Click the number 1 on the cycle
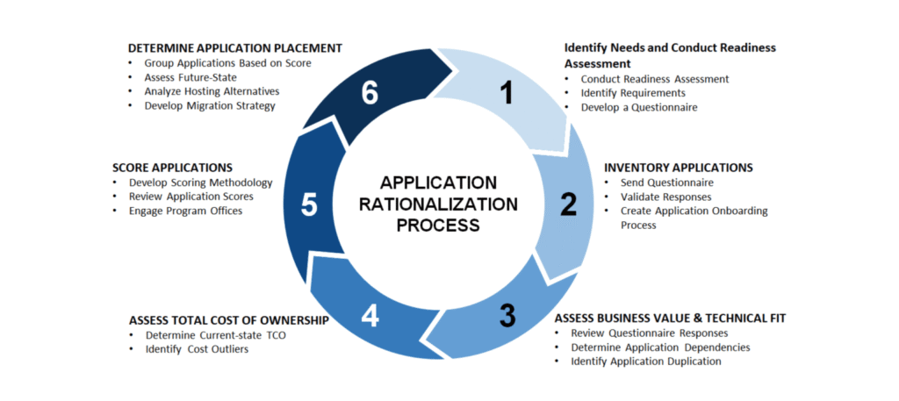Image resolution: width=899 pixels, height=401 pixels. pyautogui.click(x=505, y=92)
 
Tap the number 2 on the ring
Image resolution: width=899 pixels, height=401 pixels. pyautogui.click(x=569, y=204)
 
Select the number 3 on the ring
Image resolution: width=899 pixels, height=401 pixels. pyautogui.click(x=507, y=315)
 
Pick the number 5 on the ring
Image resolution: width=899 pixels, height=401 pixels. pyautogui.click(x=309, y=204)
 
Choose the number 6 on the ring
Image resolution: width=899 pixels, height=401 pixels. pyautogui.click(x=370, y=92)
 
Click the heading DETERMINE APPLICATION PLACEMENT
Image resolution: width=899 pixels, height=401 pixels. pyautogui.click(x=234, y=48)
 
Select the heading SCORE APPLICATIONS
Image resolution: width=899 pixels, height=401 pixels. pyautogui.click(x=172, y=167)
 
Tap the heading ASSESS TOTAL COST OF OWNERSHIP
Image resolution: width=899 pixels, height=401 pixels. pyautogui.click(x=228, y=320)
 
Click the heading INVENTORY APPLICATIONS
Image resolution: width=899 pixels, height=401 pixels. pyautogui.click(x=679, y=167)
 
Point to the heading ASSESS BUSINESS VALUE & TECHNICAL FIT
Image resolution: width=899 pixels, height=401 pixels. pyautogui.click(x=670, y=318)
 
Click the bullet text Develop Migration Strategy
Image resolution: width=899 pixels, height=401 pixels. pyautogui.click(x=210, y=105)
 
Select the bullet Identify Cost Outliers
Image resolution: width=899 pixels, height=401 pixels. pyautogui.click(x=198, y=350)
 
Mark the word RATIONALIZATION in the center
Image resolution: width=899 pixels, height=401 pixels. pyautogui.click(x=438, y=204)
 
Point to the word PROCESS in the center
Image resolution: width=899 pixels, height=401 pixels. pyautogui.click(x=438, y=226)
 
